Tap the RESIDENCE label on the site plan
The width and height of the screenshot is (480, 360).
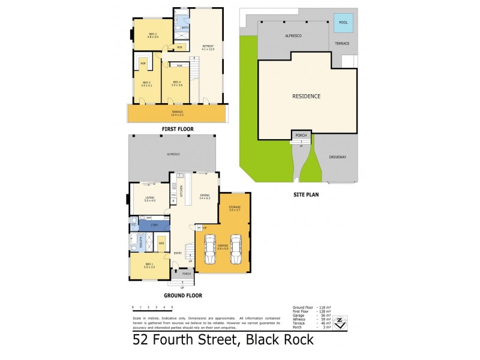click(306, 96)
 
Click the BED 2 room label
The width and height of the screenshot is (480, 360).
click(152, 34)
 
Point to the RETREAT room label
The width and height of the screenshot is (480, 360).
click(208, 46)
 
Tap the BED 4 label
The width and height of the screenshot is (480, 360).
click(176, 82)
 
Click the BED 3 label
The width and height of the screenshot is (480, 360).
click(146, 82)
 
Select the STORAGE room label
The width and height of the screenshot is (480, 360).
click(234, 207)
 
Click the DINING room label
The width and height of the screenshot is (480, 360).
click(205, 195)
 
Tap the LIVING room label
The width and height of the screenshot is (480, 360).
click(150, 198)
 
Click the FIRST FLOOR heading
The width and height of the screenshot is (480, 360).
click(177, 129)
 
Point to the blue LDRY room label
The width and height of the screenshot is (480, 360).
click(154, 225)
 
